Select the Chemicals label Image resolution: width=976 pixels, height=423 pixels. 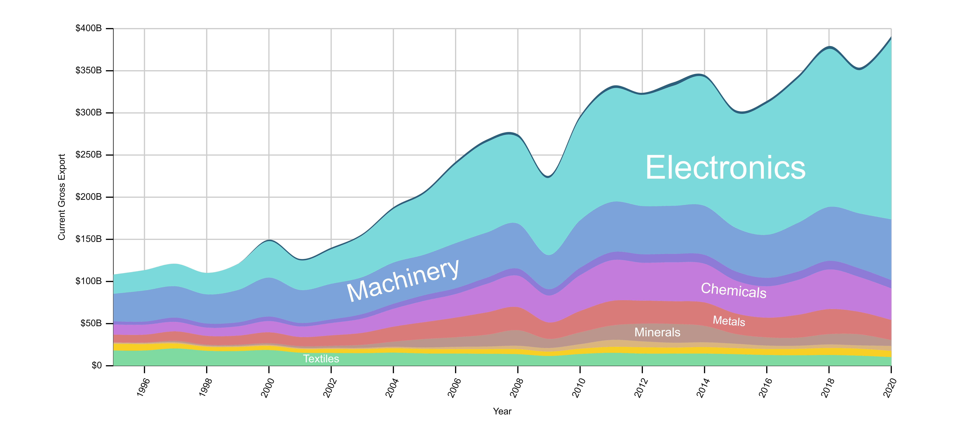[x=734, y=291]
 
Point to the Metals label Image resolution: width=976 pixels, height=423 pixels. [x=729, y=321]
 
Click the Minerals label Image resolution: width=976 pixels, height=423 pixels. [x=657, y=332]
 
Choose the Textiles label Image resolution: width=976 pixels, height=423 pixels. [x=321, y=359]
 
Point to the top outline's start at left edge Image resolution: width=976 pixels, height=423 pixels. [x=114, y=274]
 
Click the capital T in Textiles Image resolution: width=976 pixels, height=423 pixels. [x=306, y=359]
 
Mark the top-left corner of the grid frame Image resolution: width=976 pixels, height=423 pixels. [x=114, y=28]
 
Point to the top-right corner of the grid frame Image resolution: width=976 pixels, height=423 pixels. [x=891, y=28]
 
